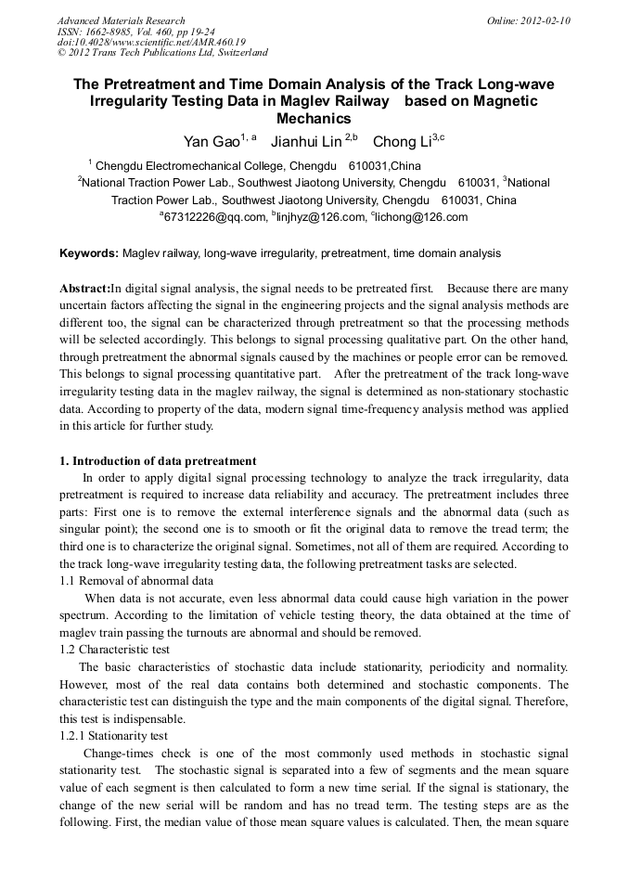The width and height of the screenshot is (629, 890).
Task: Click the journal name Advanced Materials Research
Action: [x=121, y=20]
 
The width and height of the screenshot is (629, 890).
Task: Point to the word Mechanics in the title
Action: [x=314, y=119]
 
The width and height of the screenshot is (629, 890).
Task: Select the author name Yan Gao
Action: [x=212, y=142]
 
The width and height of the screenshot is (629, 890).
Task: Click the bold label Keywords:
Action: [x=89, y=253]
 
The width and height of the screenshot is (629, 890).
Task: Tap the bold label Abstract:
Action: [x=84, y=289]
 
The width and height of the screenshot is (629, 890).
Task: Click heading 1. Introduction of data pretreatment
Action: [x=158, y=461]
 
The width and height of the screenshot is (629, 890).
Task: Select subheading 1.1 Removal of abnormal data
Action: [x=136, y=580]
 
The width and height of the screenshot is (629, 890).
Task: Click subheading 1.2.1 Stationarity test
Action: [x=114, y=735]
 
